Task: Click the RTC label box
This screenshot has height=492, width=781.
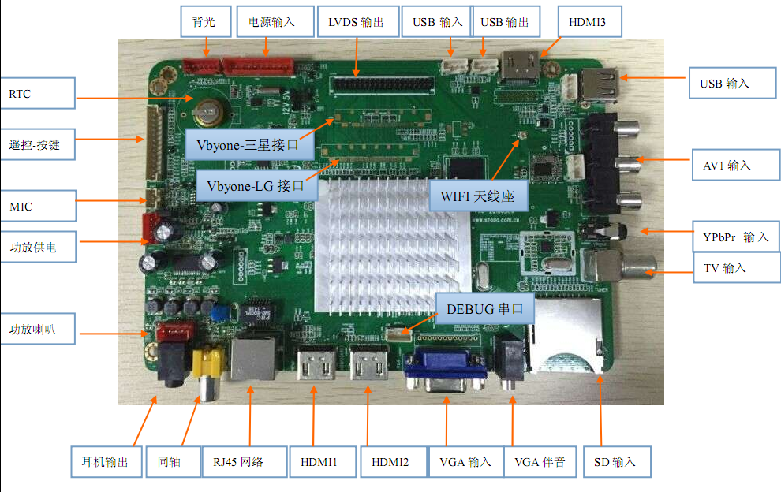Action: pyautogui.click(x=37, y=94)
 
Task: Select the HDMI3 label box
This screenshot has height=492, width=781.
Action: pyautogui.click(x=588, y=22)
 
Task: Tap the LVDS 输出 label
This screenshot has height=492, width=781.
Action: pyautogui.click(x=356, y=22)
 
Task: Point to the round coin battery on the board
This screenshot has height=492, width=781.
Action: pyautogui.click(x=210, y=111)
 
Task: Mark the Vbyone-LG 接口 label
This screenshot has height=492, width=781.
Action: pyautogui.click(x=256, y=186)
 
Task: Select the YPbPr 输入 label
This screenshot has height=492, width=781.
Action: pyautogui.click(x=734, y=237)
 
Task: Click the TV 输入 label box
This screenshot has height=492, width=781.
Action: pyautogui.click(x=725, y=268)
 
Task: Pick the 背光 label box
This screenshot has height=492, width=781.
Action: pyautogui.click(x=204, y=22)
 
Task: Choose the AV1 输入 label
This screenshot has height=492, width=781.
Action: pyautogui.click(x=727, y=166)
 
